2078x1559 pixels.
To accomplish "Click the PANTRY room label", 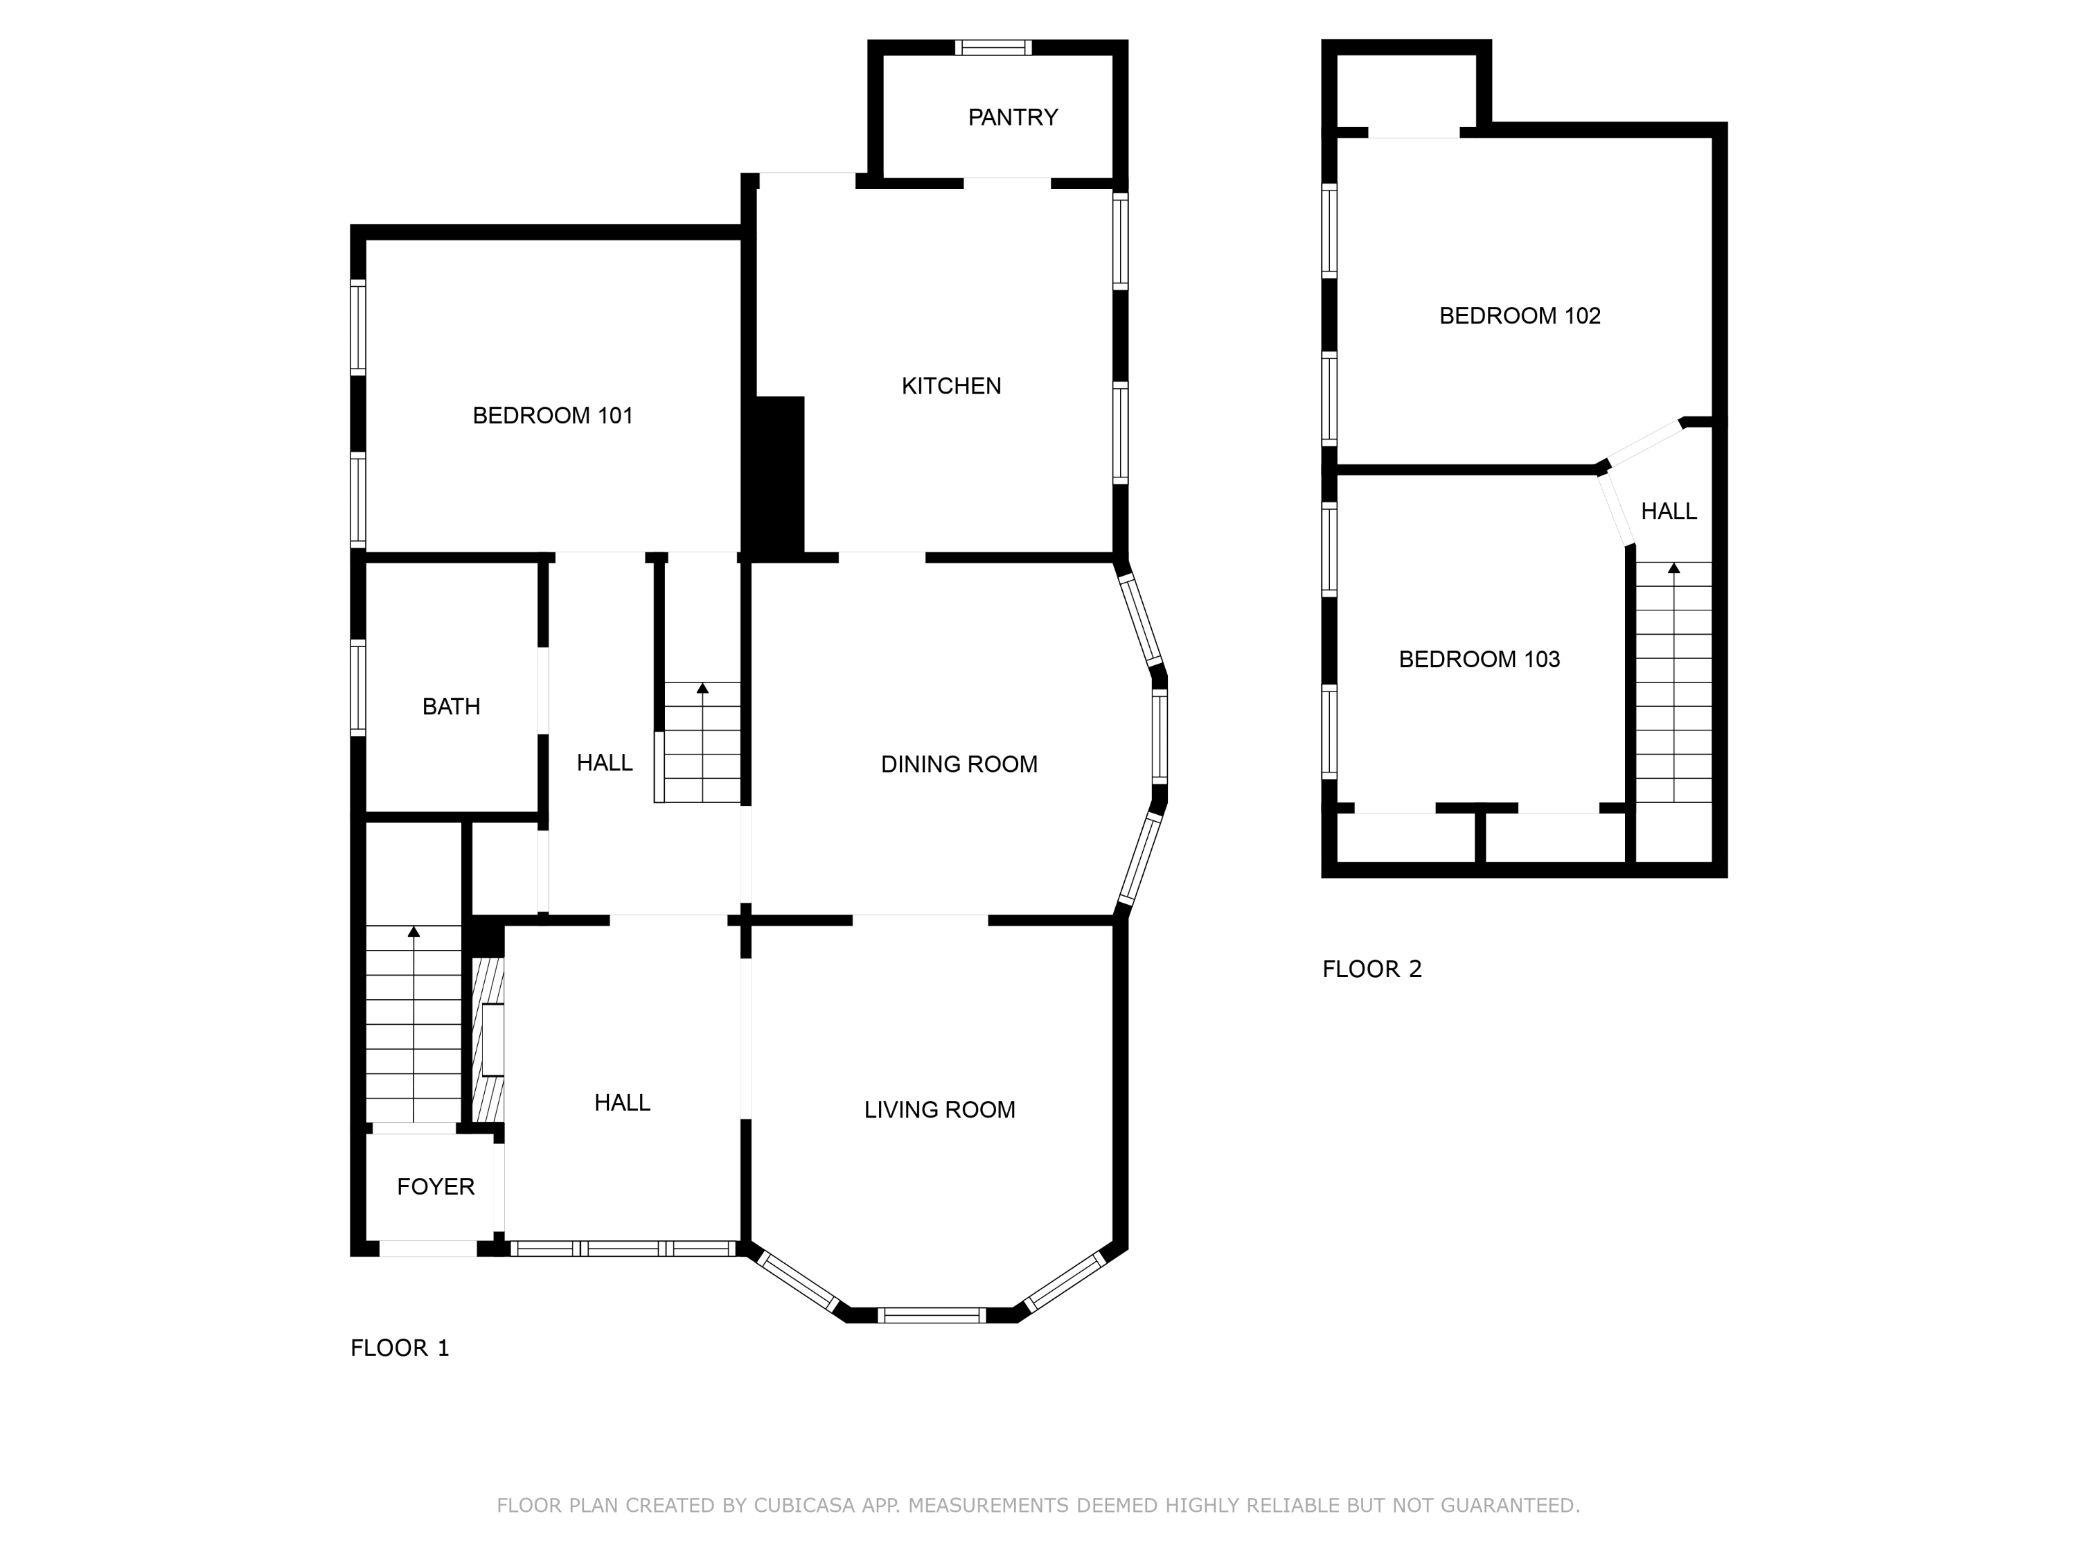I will pyautogui.click(x=1013, y=118).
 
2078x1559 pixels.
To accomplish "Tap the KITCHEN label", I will pyautogui.click(x=951, y=386).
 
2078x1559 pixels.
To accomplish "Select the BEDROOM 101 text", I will pyautogui.click(x=552, y=415).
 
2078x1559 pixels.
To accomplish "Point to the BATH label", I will pyautogui.click(x=451, y=707).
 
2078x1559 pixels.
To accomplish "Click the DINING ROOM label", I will pyautogui.click(x=958, y=765).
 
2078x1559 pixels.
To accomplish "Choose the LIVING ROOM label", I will pyautogui.click(x=939, y=1110).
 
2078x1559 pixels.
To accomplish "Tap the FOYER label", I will pyautogui.click(x=435, y=1187).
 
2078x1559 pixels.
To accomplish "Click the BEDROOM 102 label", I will pyautogui.click(x=1519, y=316).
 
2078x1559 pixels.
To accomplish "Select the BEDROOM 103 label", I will pyautogui.click(x=1479, y=660).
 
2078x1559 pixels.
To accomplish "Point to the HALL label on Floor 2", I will pyautogui.click(x=1669, y=511).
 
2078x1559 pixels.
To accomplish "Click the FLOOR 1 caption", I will pyautogui.click(x=399, y=1348).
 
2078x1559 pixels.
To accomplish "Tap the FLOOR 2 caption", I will pyautogui.click(x=1371, y=969).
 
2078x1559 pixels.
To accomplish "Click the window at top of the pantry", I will pyautogui.click(x=993, y=48).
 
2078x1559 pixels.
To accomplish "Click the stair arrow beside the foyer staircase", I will pyautogui.click(x=414, y=932).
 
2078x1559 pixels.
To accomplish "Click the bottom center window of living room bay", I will pyautogui.click(x=931, y=1314).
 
